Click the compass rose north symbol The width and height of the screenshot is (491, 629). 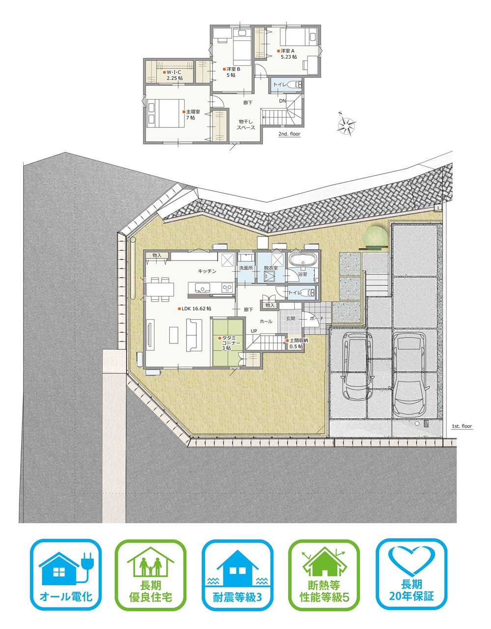pyautogui.click(x=346, y=124)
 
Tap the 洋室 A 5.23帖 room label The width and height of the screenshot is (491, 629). pyautogui.click(x=287, y=54)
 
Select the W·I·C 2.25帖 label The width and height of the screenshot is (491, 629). pyautogui.click(x=173, y=75)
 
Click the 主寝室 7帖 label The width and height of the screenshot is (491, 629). pyautogui.click(x=191, y=114)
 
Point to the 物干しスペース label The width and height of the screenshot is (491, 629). pyautogui.click(x=246, y=124)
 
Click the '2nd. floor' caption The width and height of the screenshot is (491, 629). pyautogui.click(x=289, y=134)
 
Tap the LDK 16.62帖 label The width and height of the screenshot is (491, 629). pyautogui.click(x=194, y=309)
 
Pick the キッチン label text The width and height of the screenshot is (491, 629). pyautogui.click(x=207, y=271)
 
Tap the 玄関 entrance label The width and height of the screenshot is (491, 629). pyautogui.click(x=291, y=318)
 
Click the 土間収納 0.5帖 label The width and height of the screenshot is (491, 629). pyautogui.click(x=297, y=343)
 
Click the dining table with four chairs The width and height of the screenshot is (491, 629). pyautogui.click(x=160, y=289)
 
